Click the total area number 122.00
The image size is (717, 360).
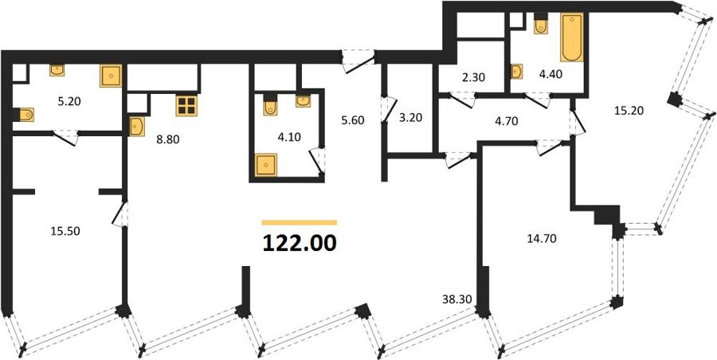[x=300, y=243]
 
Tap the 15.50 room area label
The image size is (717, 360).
[x=65, y=232]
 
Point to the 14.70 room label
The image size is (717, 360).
[x=541, y=238]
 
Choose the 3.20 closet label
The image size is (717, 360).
[x=410, y=118]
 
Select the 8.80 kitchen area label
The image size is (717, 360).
[x=167, y=139]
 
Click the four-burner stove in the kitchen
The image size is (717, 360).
[x=186, y=106]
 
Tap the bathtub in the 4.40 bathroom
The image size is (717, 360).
[x=571, y=37]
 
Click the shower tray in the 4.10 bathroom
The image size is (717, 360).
[x=266, y=165]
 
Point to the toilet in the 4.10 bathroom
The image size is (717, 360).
[x=270, y=105]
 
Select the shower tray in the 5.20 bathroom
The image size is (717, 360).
[x=111, y=76]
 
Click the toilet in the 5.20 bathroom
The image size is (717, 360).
[x=24, y=115]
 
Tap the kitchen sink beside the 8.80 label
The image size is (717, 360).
[x=137, y=127]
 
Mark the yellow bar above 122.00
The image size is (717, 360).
[x=300, y=223]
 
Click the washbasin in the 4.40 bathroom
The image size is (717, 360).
[x=517, y=72]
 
